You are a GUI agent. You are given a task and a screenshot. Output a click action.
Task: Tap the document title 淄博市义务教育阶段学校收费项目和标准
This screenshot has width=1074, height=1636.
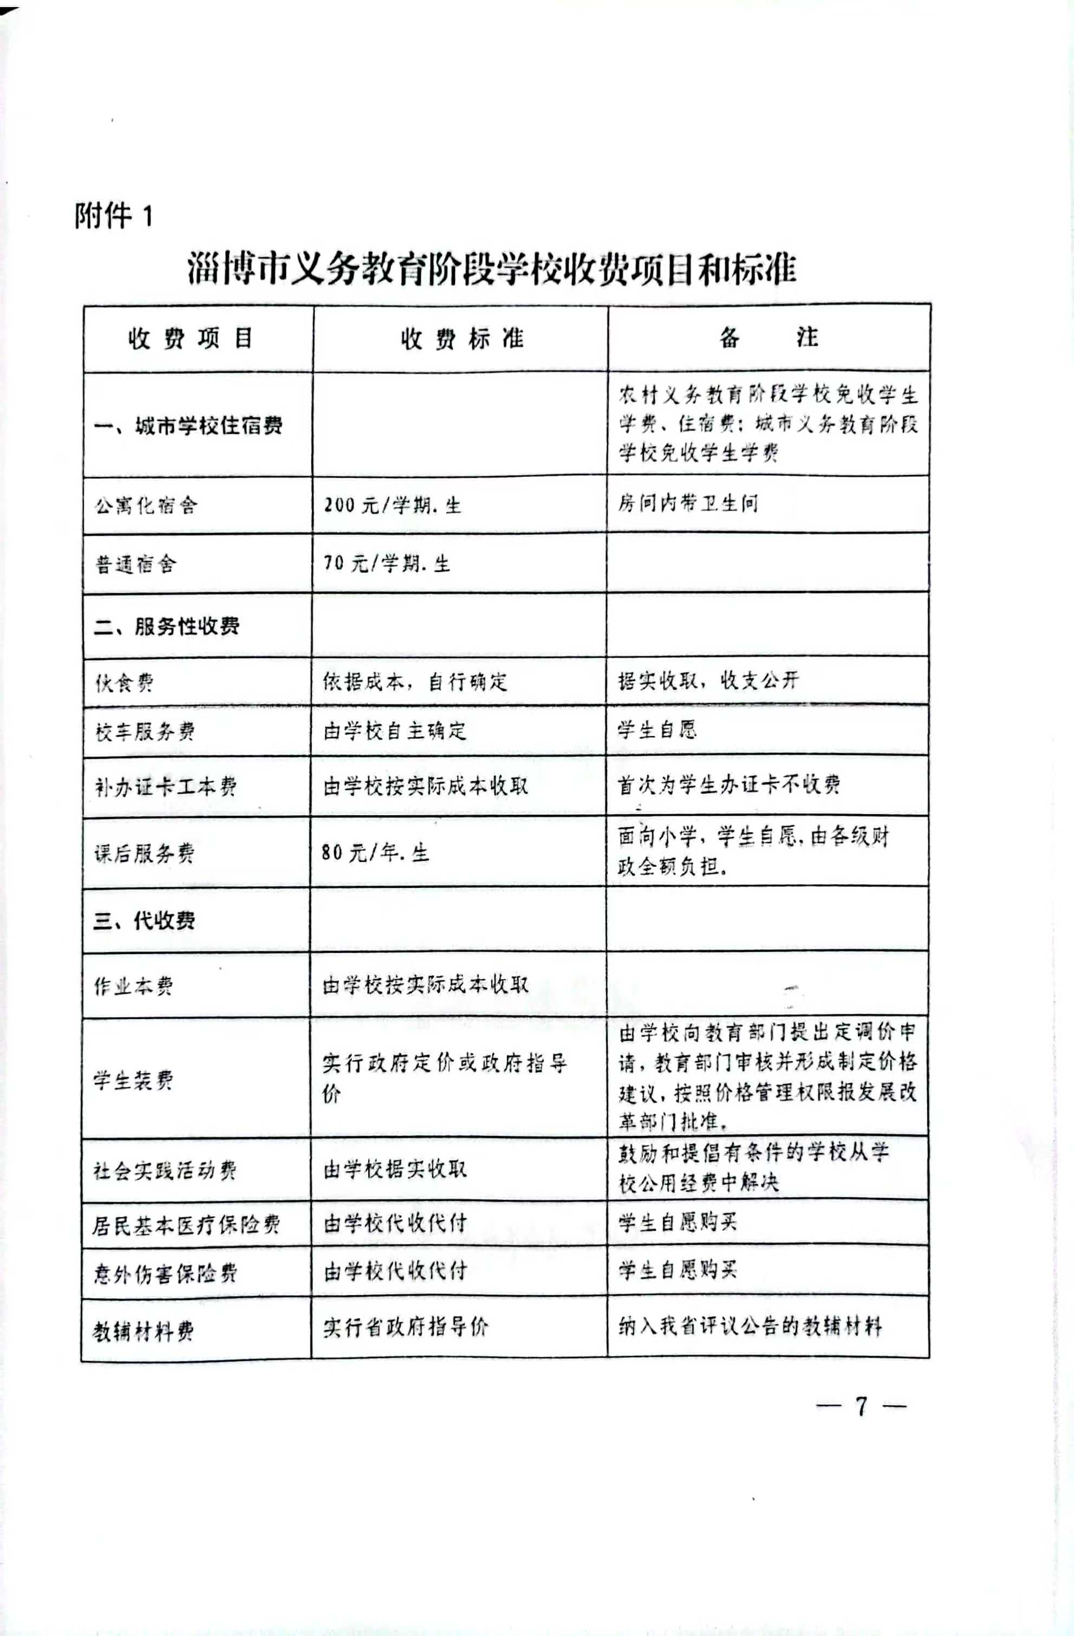coord(491,269)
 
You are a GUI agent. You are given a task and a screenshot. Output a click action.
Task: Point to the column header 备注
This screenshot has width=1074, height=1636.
coord(768,337)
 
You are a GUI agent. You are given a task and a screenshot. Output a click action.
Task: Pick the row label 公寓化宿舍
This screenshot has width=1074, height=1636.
coord(146,506)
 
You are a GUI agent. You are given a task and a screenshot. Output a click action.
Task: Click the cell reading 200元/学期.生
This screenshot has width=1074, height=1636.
coord(392,506)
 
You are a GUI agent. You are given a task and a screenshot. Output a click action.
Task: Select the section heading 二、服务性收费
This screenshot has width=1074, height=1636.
coord(166,626)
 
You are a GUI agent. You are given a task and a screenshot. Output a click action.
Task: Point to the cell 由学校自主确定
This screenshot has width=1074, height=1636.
coord(394,730)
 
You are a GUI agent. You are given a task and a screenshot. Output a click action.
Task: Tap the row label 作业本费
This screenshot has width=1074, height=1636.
coord(133,986)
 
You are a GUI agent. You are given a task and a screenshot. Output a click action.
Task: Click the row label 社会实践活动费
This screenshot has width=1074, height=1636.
coord(165,1170)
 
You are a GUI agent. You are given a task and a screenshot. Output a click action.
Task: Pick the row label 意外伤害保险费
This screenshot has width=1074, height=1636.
coord(165,1274)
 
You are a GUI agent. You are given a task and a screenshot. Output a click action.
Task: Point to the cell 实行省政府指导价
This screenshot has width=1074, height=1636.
coord(406,1327)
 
